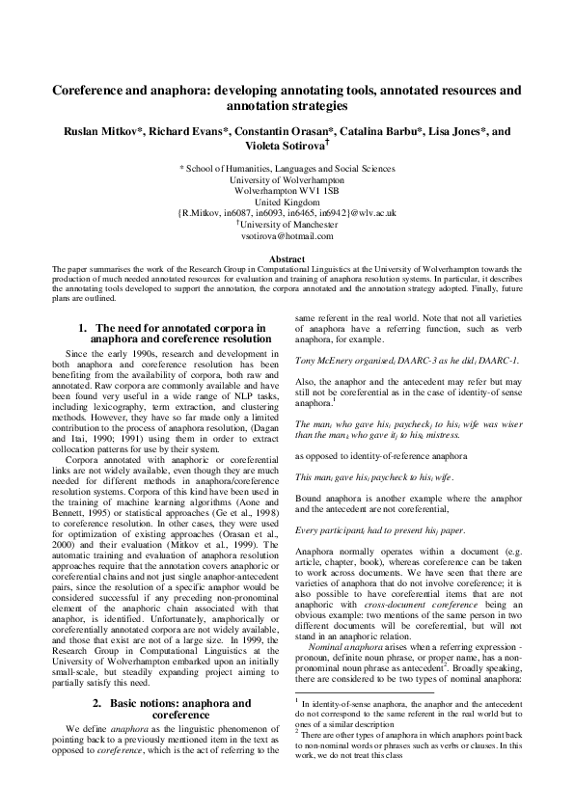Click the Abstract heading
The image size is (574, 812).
(x=287, y=259)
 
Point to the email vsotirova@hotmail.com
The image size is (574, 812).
(x=287, y=235)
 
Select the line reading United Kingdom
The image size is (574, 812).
(x=287, y=202)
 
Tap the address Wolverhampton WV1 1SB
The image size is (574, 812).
(x=287, y=191)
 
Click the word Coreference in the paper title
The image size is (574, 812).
(x=97, y=90)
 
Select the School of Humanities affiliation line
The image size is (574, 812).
(x=287, y=168)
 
